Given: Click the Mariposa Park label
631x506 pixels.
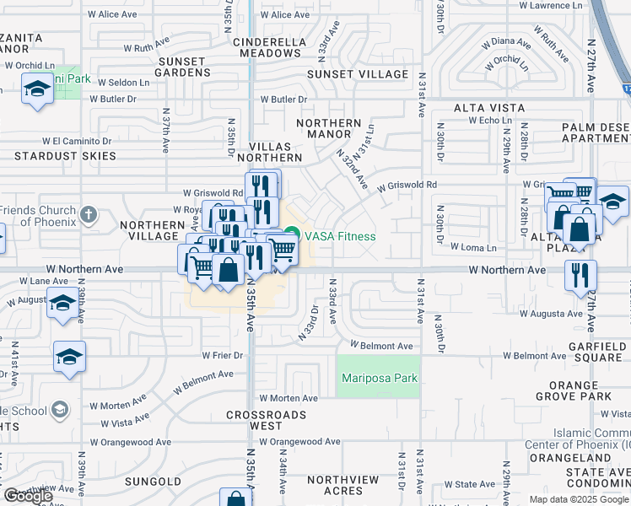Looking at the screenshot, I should (x=379, y=379).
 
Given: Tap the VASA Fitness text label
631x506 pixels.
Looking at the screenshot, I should (x=340, y=236).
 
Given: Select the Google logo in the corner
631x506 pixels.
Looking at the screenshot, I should (x=28, y=496).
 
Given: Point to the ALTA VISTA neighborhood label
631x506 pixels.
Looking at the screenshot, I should (x=488, y=108).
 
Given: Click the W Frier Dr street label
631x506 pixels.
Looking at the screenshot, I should (x=222, y=355).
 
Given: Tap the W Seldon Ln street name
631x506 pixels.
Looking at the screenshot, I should (x=123, y=83).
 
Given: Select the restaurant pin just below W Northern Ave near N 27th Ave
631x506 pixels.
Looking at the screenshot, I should (x=580, y=275).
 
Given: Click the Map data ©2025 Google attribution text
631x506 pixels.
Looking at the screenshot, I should (x=579, y=499).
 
